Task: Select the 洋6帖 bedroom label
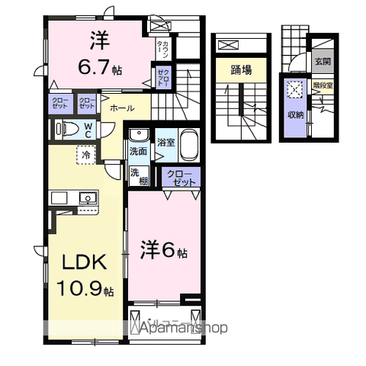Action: pyautogui.click(x=165, y=250)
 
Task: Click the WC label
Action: pyautogui.click(x=88, y=130)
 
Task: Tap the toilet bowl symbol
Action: pyautogui.click(x=67, y=129)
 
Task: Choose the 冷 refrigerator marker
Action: pyautogui.click(x=88, y=154)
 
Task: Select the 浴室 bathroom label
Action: pyautogui.click(x=165, y=142)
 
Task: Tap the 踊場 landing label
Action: pyautogui.click(x=242, y=70)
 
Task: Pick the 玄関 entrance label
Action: pyautogui.click(x=322, y=62)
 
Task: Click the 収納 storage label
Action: pyautogui.click(x=295, y=114)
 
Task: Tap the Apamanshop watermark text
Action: pyautogui.click(x=182, y=329)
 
